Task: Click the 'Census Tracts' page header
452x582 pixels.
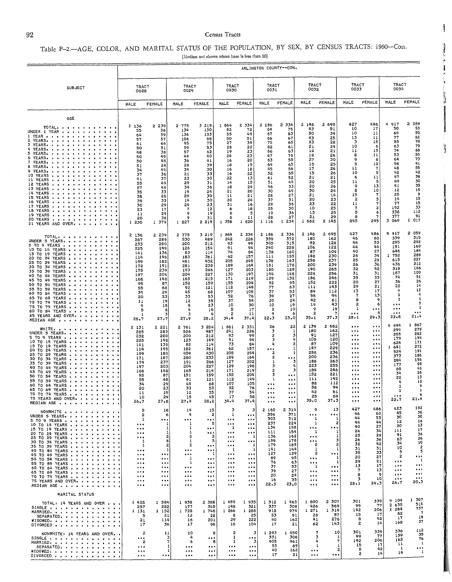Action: point(223,35)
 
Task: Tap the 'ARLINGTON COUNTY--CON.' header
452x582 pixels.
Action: point(269,68)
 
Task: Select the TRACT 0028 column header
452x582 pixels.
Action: point(143,88)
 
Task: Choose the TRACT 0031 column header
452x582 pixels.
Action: point(273,87)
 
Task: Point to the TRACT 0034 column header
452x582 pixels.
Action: point(400,87)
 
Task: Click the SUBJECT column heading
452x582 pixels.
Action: point(76,88)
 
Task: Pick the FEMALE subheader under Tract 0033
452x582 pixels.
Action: point(369,102)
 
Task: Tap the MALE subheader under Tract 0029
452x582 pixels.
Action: point(178,104)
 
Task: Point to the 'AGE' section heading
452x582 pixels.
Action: point(71,119)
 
